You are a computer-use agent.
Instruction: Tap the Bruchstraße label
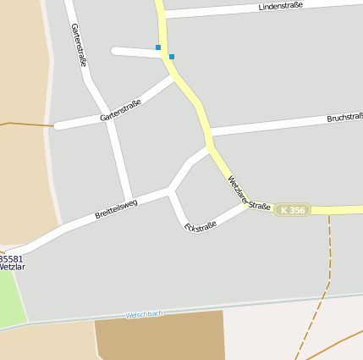coord(344,118)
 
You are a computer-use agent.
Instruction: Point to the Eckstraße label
coord(201,226)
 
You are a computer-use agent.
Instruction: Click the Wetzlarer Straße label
coord(249,195)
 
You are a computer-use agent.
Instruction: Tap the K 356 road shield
coord(293,209)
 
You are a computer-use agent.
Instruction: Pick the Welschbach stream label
coord(144,314)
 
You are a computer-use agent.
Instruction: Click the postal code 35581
coord(11,258)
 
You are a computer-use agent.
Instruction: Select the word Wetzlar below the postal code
coord(12,267)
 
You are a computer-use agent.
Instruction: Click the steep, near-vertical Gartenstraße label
coord(80,44)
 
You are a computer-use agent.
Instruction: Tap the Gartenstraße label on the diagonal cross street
coord(120,110)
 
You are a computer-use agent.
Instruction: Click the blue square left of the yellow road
coord(157,47)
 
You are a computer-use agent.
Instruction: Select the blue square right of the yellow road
coord(172,57)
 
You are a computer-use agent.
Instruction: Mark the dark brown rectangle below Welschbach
coord(160,335)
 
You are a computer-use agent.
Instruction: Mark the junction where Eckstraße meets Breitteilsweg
coord(171,192)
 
